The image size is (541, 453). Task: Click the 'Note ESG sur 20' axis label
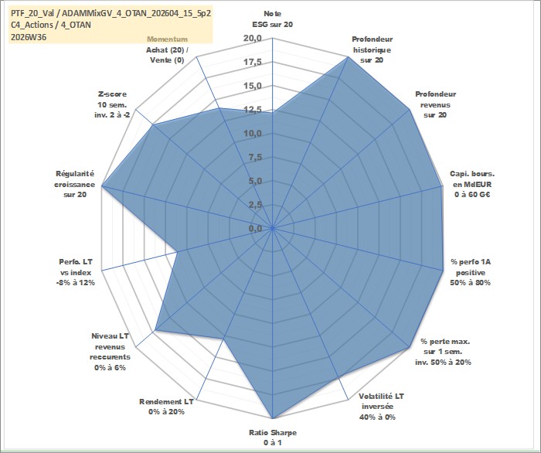click(273, 19)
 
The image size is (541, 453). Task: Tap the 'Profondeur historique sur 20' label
click(372, 49)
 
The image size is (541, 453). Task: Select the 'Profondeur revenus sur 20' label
click(435, 104)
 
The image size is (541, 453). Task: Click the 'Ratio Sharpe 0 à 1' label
click(273, 438)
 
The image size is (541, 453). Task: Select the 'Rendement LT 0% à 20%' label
click(166, 407)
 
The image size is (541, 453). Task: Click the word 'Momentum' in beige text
click(168, 39)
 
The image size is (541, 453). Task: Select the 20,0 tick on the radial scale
click(253, 38)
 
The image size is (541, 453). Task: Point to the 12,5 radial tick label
click(253, 109)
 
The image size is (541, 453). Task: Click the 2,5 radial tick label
click(255, 205)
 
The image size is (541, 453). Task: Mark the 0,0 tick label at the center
click(255, 228)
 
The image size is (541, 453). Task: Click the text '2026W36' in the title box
click(29, 37)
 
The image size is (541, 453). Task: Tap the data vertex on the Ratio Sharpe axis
click(273, 418)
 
